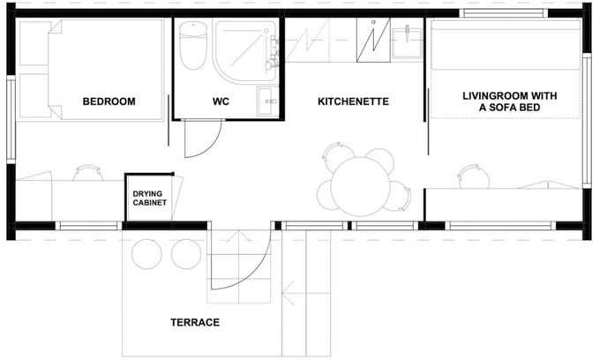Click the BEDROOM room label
pyautogui.click(x=109, y=101)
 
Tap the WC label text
pyautogui.click(x=221, y=101)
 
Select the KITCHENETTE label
pyautogui.click(x=353, y=101)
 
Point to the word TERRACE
pyautogui.click(x=195, y=323)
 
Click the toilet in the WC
pyautogui.click(x=193, y=45)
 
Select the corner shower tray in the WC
pyautogui.click(x=245, y=52)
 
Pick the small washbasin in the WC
pyautogui.click(x=267, y=101)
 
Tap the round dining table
pyautogui.click(x=361, y=186)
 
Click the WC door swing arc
pyautogui.click(x=212, y=146)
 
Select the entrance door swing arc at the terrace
pyautogui.click(x=257, y=271)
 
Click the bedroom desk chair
pyautogui.click(x=88, y=173)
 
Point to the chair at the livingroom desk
pyautogui.click(x=474, y=176)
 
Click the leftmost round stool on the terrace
pyautogui.click(x=146, y=254)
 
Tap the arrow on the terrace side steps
pyautogui.click(x=289, y=294)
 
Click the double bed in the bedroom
pyautogui.click(x=106, y=70)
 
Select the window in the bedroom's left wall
pyautogui.click(x=11, y=119)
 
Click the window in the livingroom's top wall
pyautogui.click(x=504, y=13)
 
